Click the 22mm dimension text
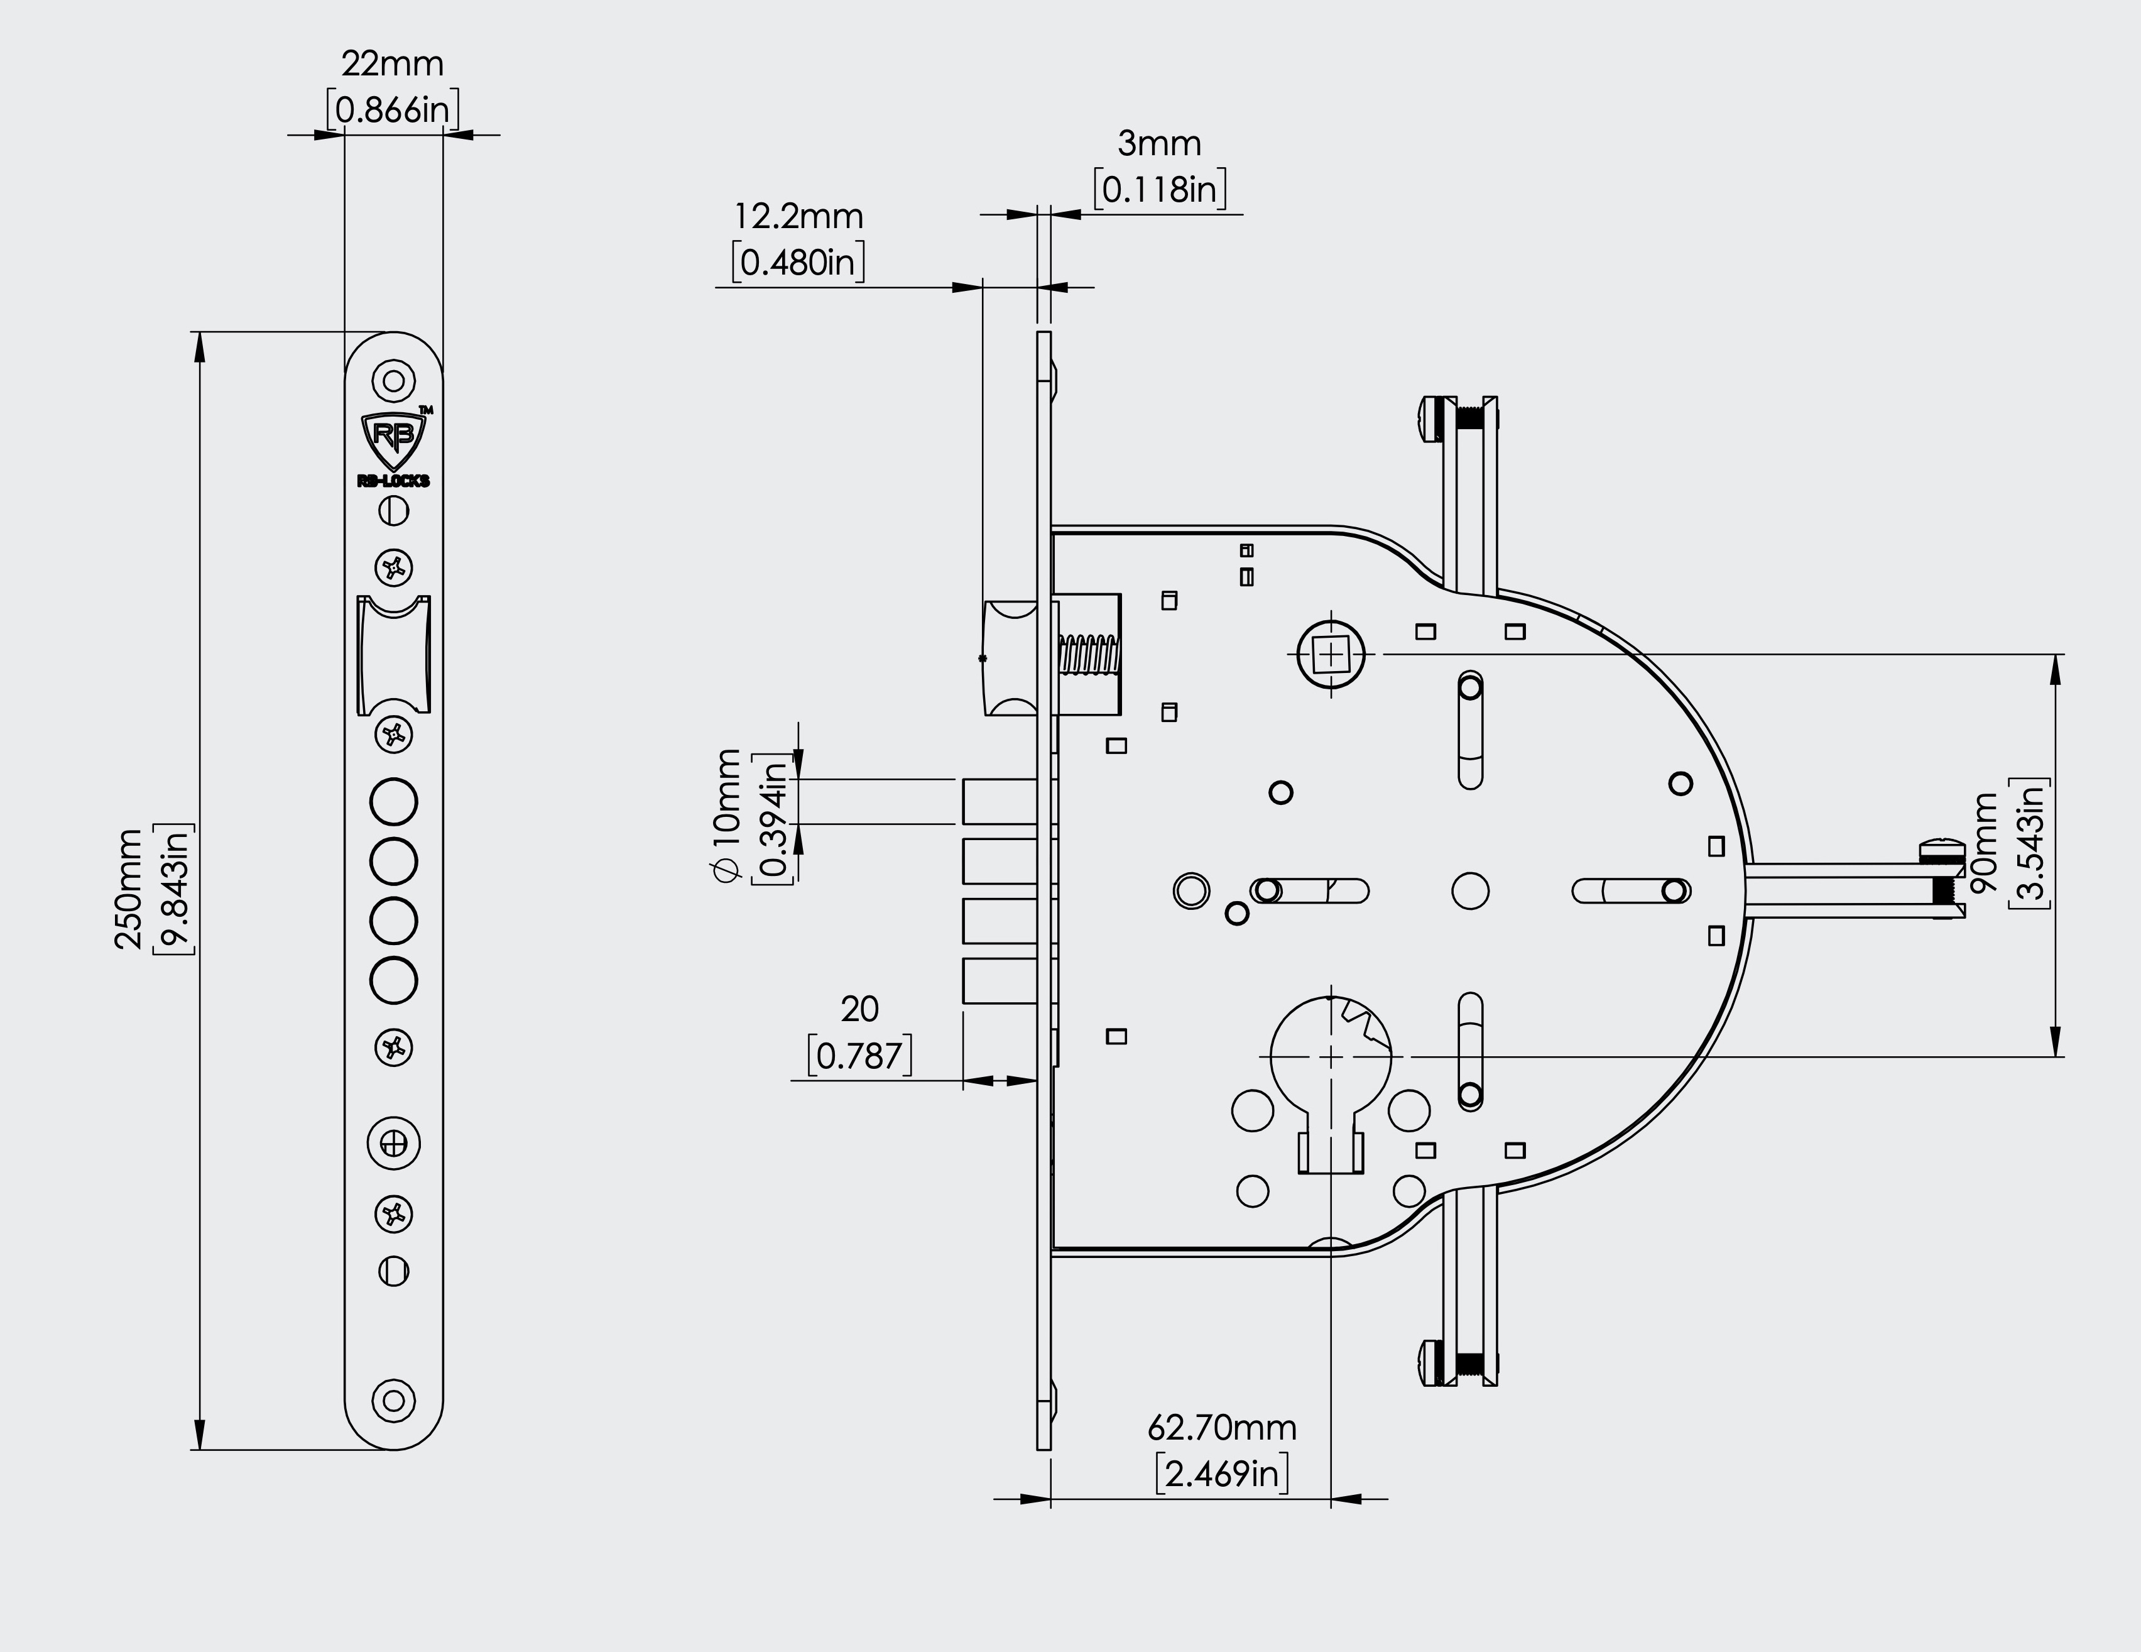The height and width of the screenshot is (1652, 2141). pyautogui.click(x=392, y=63)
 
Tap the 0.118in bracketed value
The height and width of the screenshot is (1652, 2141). pyautogui.click(x=1160, y=189)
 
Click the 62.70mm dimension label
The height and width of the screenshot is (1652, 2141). pyautogui.click(x=1221, y=1428)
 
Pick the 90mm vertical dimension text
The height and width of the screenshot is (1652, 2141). pyautogui.click(x=1984, y=841)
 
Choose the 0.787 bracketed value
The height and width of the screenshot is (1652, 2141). pyautogui.click(x=859, y=1056)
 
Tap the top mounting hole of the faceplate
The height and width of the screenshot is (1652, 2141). pyautogui.click(x=393, y=380)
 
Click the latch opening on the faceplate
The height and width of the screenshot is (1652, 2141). pyautogui.click(x=393, y=654)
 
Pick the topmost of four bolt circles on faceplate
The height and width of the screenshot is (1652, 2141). pyautogui.click(x=393, y=802)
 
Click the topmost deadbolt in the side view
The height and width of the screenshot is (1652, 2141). pyautogui.click(x=999, y=802)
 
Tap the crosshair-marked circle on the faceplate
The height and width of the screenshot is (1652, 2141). pyautogui.click(x=393, y=1143)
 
